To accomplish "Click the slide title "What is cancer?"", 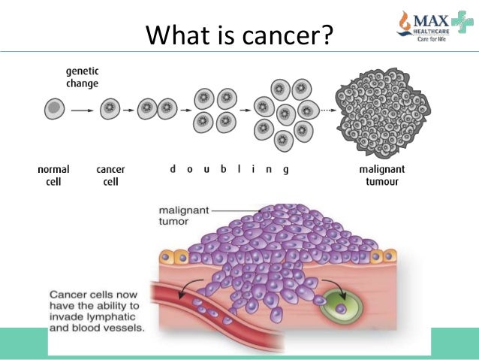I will point(239,34).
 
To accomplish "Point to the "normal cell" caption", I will point(53,175).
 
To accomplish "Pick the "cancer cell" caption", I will point(110,175).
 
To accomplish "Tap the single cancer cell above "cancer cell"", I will point(110,110).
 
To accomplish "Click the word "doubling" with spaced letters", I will point(228,170).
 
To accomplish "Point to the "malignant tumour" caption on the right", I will point(384,175).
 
